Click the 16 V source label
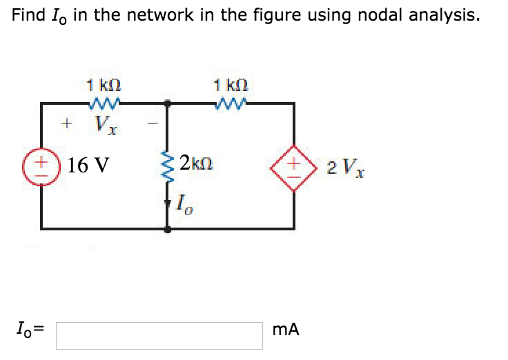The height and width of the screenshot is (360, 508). tap(90, 166)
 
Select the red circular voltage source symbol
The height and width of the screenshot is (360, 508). tap(41, 166)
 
